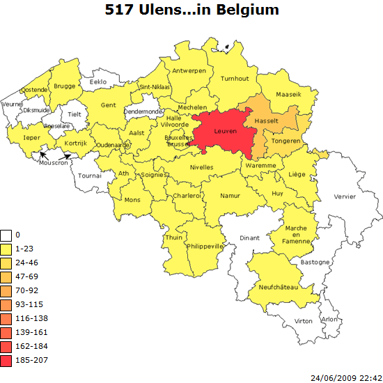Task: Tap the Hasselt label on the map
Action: point(267,120)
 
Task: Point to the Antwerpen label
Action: point(189,71)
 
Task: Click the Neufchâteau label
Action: point(278,287)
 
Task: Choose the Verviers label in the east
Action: point(345,196)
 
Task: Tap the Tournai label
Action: point(89,175)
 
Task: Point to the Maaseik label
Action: point(289,93)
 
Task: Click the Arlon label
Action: point(329,319)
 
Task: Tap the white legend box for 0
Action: point(6,235)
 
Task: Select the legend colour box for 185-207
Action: point(6,360)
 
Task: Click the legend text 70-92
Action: point(27,290)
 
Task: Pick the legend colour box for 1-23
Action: point(6,249)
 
